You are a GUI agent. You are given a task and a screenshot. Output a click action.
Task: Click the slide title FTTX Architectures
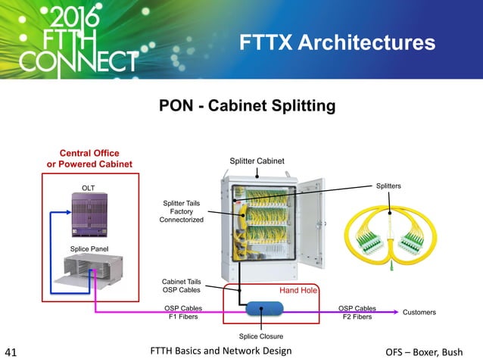coord(337,42)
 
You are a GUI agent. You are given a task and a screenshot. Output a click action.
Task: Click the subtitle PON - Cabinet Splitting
coord(246,106)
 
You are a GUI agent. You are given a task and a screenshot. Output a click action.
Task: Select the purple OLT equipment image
coord(91,214)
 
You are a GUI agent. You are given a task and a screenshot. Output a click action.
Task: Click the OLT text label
coord(90,184)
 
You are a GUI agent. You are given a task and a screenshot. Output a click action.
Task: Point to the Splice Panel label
coord(90,248)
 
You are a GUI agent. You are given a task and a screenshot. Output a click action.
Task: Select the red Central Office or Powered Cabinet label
coord(89,158)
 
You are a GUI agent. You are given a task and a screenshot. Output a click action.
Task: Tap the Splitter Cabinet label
coord(257,161)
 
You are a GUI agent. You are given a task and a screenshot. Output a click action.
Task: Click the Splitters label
coord(388,186)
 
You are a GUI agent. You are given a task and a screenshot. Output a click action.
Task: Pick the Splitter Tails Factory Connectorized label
coord(181,211)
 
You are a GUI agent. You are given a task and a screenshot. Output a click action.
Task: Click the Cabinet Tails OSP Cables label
coord(182,285)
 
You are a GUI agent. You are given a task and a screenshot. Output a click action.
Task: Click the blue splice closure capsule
coord(260,309)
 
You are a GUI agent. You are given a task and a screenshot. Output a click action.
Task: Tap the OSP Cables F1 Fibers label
coord(182,312)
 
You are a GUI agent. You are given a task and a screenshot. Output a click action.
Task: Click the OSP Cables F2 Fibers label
coord(357,312)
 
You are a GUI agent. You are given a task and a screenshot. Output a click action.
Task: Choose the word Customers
coord(423,311)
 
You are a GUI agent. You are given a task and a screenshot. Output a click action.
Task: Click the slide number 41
coord(11,351)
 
